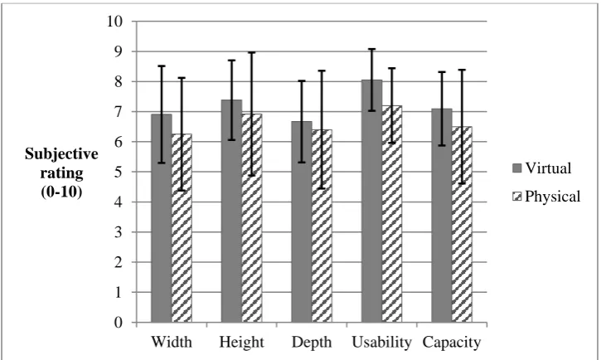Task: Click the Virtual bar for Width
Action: pos(162,218)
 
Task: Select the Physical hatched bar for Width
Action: pos(182,228)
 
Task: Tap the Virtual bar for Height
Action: pos(231,211)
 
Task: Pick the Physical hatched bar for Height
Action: pos(252,218)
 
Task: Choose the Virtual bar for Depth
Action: pos(302,221)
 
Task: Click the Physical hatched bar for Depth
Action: pos(322,226)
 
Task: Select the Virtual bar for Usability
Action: pos(372,201)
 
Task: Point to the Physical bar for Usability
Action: pos(392,214)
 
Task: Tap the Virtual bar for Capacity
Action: pos(442,215)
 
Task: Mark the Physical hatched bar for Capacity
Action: pos(463,224)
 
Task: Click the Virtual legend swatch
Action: pos(517,168)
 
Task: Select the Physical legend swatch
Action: pos(517,197)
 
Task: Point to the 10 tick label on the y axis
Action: pos(114,21)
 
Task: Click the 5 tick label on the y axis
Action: pos(119,172)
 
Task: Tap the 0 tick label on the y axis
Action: pos(119,323)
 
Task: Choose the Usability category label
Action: pos(382,342)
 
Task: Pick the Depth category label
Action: pos(312,343)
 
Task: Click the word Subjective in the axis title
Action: pos(61,154)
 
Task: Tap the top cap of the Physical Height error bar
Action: pos(252,52)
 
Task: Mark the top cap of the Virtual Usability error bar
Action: pos(372,49)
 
